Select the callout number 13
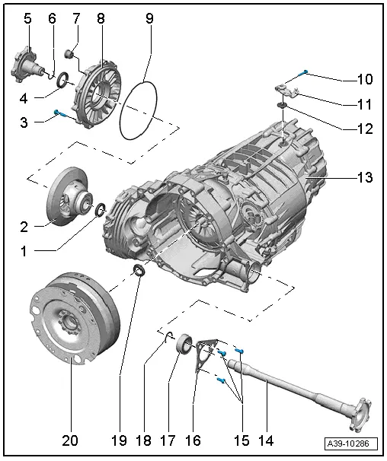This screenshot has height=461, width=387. point(364,178)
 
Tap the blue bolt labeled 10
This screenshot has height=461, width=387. point(305,72)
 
